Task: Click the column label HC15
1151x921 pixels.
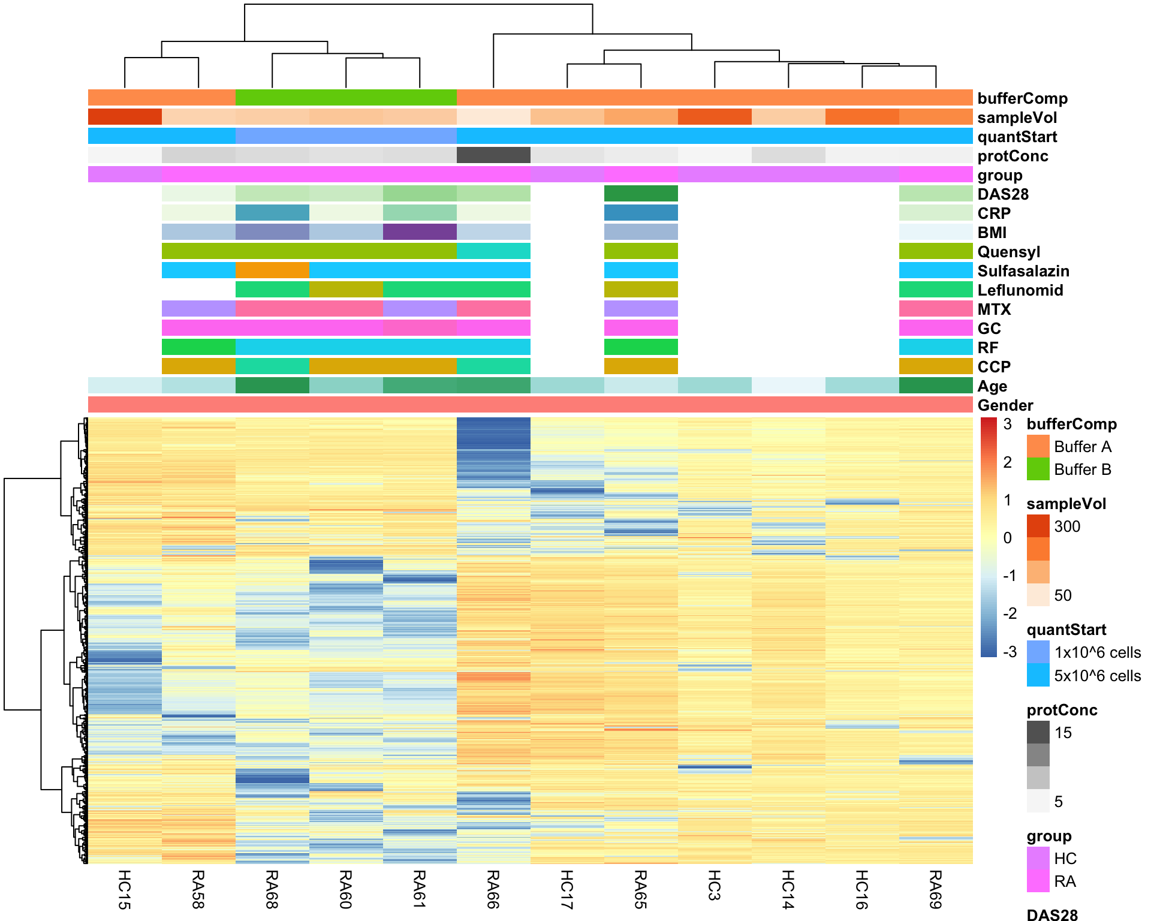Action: (x=124, y=889)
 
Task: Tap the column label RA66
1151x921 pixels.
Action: (x=493, y=889)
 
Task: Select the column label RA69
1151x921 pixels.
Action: (x=935, y=889)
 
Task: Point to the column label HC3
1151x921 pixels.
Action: (x=714, y=885)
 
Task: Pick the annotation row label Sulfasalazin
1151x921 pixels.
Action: (x=1023, y=271)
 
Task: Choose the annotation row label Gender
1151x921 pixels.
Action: (x=1005, y=405)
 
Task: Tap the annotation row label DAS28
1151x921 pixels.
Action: (x=1003, y=194)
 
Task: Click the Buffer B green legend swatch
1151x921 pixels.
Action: (x=1038, y=469)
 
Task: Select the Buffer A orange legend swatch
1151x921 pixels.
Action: (x=1038, y=446)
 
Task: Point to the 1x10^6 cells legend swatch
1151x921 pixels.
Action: (x=1038, y=652)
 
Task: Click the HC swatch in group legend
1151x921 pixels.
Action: (x=1038, y=858)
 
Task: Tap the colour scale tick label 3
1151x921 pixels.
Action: (x=1008, y=424)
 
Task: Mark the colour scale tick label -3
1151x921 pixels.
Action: (x=1010, y=652)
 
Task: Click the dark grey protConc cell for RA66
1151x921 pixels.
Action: (x=493, y=155)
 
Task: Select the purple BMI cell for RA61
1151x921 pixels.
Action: (x=419, y=232)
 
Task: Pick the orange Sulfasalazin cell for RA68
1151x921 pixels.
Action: (x=272, y=270)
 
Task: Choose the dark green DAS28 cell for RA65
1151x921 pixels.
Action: (x=640, y=194)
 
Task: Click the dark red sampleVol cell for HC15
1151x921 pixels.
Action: (x=124, y=117)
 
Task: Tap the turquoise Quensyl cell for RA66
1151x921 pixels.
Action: (x=493, y=251)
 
